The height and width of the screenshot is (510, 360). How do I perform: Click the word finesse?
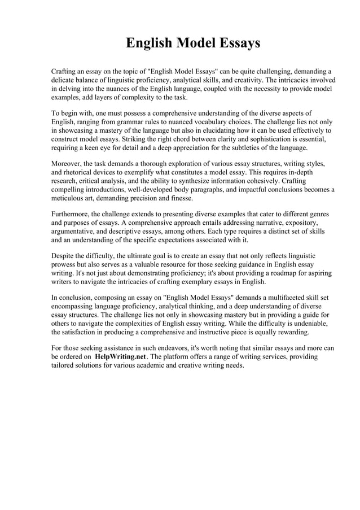coord(179,198)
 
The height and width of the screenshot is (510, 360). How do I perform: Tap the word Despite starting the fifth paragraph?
coord(64,255)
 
